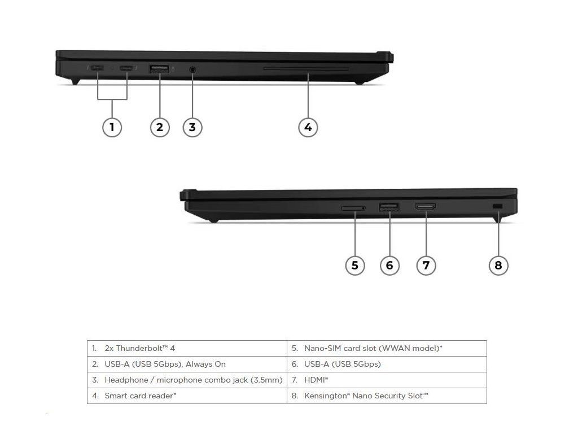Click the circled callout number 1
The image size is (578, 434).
[x=112, y=127]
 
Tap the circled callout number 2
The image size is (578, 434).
[x=160, y=127]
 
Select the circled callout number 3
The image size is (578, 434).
[x=192, y=127]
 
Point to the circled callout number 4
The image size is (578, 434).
[x=308, y=127]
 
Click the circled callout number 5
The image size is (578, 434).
[x=354, y=264]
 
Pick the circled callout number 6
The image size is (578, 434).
[x=389, y=264]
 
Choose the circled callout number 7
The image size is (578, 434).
[x=426, y=264]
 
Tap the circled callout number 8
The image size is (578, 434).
[x=498, y=264]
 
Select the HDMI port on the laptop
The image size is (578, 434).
[x=425, y=208]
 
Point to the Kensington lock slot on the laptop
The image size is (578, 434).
[x=497, y=207]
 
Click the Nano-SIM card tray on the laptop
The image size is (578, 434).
[x=353, y=209]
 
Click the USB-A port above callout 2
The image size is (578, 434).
[x=159, y=69]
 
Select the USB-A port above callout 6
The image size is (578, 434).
[x=389, y=208]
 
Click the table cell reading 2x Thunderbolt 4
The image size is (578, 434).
[x=187, y=349]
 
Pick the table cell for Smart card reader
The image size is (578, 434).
[x=187, y=396]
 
